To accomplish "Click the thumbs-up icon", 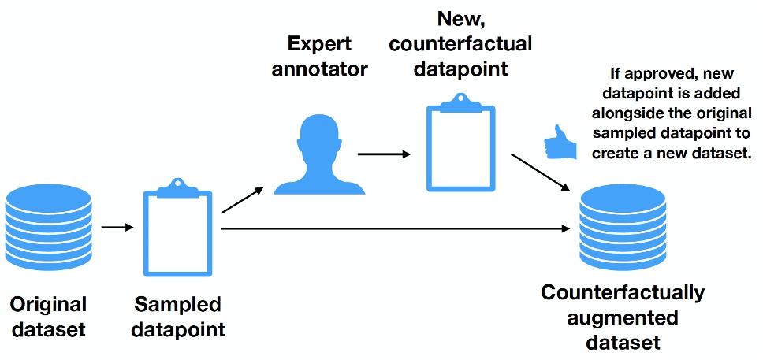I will tap(557, 141).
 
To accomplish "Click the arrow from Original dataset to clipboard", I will tap(118, 228).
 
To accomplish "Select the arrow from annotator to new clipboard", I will tap(384, 154).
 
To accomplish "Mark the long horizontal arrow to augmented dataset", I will tap(394, 229).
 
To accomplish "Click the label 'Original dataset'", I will tap(48, 316).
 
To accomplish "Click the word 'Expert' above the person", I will tap(319, 44).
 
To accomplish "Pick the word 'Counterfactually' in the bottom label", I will tap(623, 293).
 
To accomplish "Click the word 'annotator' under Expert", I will tap(319, 69).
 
